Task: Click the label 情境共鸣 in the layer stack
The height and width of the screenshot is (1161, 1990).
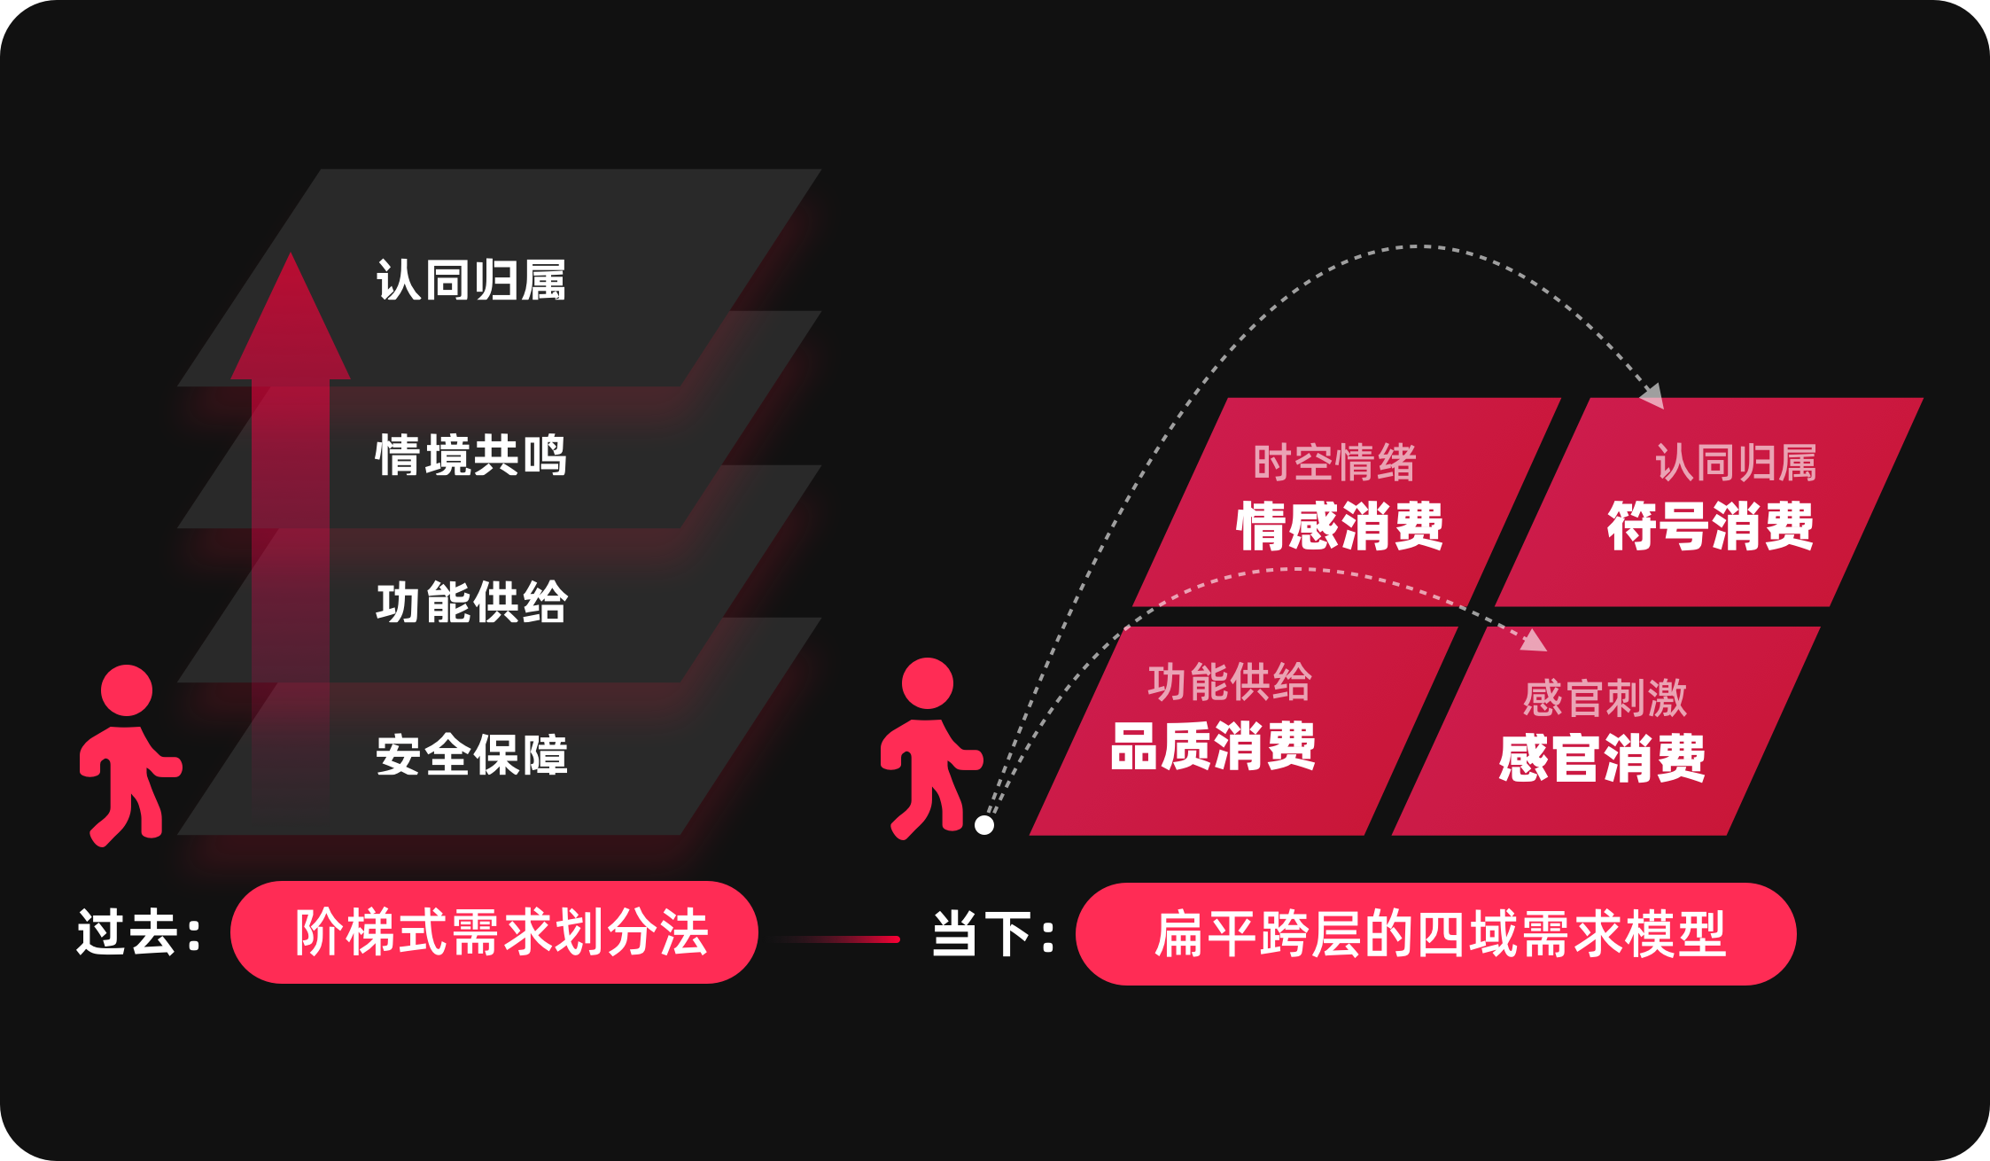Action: (470, 456)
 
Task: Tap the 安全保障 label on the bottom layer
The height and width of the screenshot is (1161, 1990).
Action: (470, 755)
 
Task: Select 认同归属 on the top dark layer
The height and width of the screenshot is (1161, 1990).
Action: (470, 280)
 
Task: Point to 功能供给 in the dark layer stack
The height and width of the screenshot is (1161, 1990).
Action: (470, 603)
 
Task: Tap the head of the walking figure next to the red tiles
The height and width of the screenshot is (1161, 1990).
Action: (927, 683)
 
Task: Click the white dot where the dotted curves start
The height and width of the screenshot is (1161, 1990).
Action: (983, 825)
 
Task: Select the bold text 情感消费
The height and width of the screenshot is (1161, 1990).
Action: (1339, 526)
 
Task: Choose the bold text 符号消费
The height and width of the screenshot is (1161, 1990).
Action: (1710, 526)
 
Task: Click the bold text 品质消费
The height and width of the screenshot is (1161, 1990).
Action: (1212, 746)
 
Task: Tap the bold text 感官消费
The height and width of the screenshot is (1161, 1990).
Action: (1601, 759)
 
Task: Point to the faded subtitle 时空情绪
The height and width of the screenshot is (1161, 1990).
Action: (1334, 463)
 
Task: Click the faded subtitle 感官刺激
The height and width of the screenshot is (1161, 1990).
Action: (1605, 698)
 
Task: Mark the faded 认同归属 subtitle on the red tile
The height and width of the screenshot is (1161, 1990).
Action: (1736, 463)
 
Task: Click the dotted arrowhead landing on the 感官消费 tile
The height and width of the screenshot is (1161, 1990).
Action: (1535, 640)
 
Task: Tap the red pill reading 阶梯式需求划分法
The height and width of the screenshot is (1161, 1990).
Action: (494, 932)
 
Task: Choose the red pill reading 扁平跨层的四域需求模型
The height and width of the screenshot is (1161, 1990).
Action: (1435, 934)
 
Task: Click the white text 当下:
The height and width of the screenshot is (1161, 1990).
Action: (993, 934)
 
